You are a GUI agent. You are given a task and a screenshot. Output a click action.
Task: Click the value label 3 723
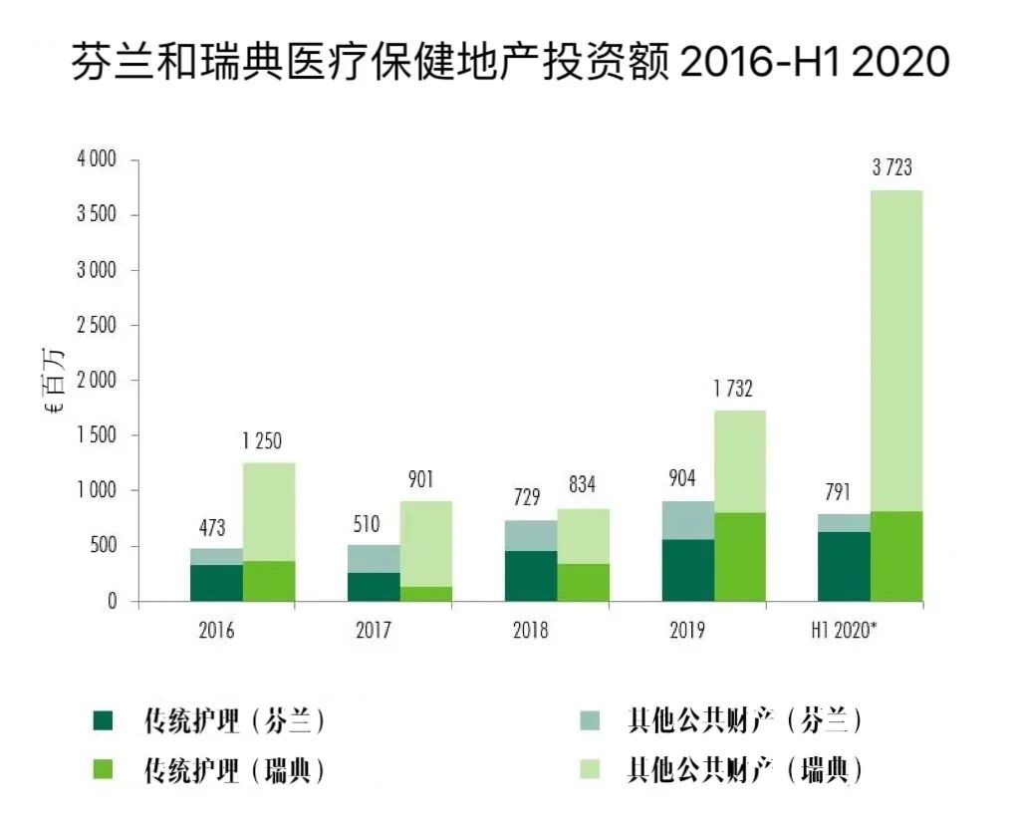tap(892, 168)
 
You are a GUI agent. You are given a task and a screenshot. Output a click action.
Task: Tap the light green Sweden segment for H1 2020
tap(895, 349)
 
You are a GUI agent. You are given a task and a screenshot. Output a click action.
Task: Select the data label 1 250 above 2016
tap(262, 441)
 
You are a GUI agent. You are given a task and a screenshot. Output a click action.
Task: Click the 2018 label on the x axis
tap(530, 631)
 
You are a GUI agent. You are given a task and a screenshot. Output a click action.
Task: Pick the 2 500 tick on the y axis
tap(97, 326)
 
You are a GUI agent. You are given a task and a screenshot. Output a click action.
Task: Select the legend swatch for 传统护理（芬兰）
tap(104, 720)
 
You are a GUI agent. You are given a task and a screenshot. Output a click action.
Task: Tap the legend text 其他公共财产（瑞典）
tap(743, 770)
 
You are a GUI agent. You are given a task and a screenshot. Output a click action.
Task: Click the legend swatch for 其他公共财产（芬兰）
tap(589, 720)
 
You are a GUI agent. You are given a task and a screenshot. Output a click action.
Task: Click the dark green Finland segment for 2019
tap(688, 570)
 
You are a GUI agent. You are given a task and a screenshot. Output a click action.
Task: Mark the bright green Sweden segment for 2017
tap(426, 594)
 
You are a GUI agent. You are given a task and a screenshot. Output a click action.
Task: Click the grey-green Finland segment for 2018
tap(531, 535)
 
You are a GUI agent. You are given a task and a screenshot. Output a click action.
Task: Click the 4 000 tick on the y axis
tap(97, 160)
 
